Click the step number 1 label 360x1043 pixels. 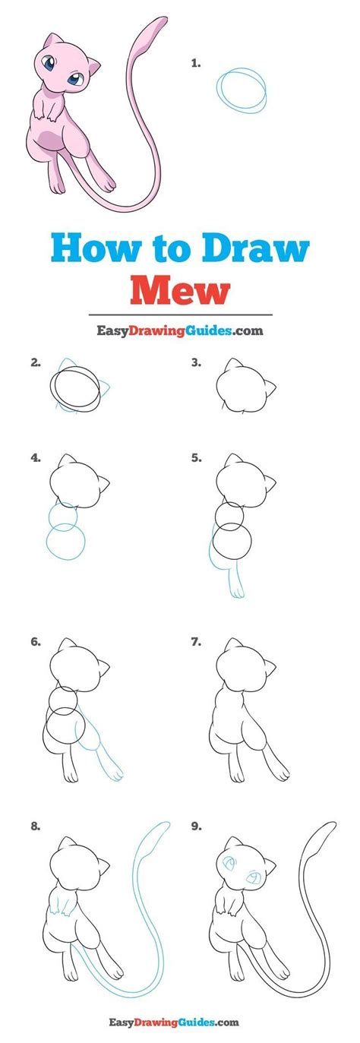tap(196, 65)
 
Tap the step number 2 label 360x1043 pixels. tap(36, 363)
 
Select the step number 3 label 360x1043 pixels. tap(196, 363)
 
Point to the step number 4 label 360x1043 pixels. tap(36, 458)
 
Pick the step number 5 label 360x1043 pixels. tap(196, 458)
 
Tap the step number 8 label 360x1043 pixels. tap(36, 826)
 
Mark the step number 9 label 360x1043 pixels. tap(196, 826)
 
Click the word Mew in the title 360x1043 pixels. tap(180, 289)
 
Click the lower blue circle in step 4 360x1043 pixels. tap(65, 542)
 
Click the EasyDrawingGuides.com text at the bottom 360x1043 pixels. tap(180, 1022)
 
